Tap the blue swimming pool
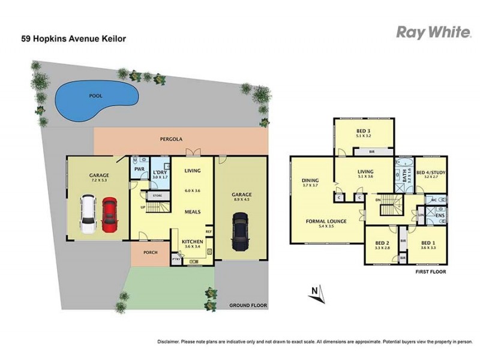(x=96, y=100)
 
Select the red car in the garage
(x=109, y=215)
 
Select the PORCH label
(x=151, y=253)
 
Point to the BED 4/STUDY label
(x=431, y=172)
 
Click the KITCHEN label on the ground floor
(x=192, y=241)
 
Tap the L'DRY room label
(x=160, y=172)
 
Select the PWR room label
(x=139, y=170)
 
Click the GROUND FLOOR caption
(x=248, y=306)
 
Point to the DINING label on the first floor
(x=310, y=181)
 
